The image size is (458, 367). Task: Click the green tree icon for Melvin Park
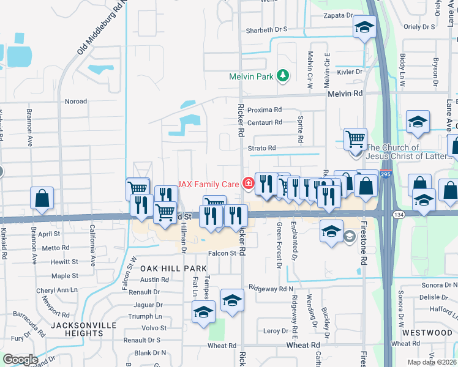[x=282, y=76]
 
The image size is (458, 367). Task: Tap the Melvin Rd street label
[x=345, y=94]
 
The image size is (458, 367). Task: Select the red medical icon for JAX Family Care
[x=248, y=183]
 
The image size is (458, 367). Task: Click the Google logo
[x=20, y=359]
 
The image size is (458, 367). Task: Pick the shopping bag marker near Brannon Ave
[x=42, y=198]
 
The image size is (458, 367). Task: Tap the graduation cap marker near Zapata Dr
[x=364, y=28]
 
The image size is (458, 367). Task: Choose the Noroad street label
[x=76, y=102]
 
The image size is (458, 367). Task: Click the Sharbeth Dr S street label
[x=266, y=29]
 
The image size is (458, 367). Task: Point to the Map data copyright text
[x=432, y=362]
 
